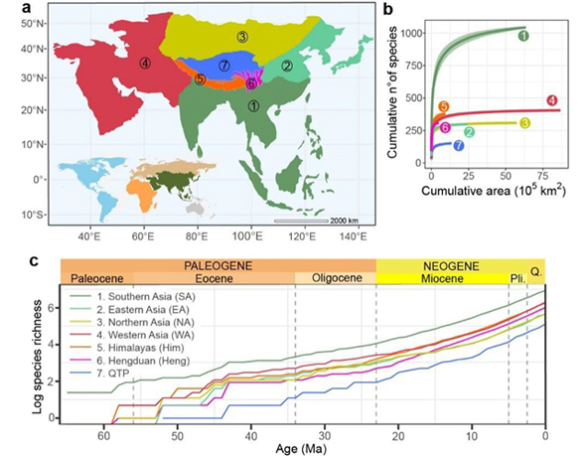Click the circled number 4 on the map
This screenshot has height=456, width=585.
click(145, 63)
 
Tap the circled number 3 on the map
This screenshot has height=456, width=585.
click(242, 37)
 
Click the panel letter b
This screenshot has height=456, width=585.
click(386, 9)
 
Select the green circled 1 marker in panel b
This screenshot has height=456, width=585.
click(550, 35)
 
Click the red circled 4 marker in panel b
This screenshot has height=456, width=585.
click(551, 100)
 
